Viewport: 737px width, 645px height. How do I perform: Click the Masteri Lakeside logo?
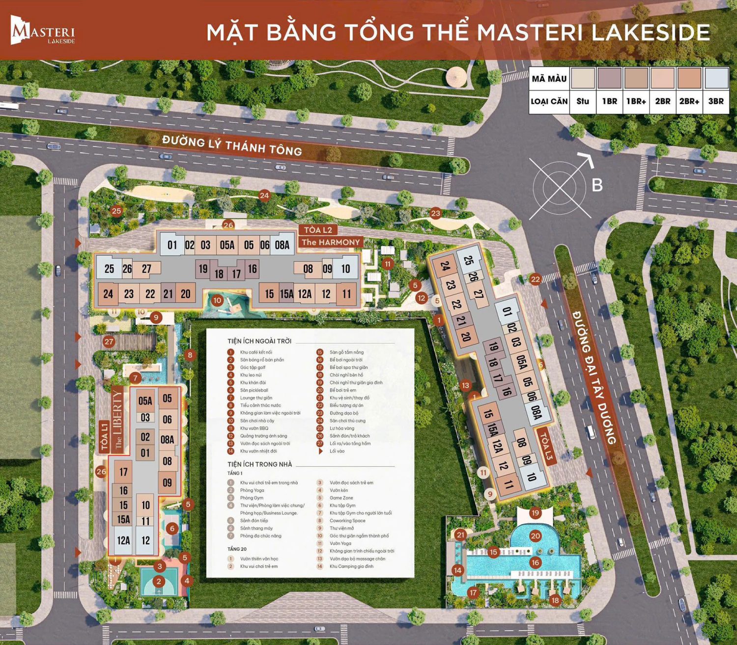[43, 30]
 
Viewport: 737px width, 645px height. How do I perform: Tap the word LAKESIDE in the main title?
[651, 32]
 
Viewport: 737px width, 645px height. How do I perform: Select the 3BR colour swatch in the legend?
[716, 78]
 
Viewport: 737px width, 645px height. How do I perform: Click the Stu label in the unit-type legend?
[583, 101]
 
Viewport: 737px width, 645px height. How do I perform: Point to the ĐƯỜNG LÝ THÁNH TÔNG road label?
[232, 146]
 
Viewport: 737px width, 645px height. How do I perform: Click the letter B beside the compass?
[597, 185]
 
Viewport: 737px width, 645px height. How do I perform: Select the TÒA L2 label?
[318, 230]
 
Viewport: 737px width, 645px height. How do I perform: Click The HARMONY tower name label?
[331, 242]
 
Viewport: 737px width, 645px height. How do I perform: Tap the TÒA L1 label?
[104, 436]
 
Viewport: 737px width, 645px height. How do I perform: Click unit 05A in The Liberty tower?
[145, 401]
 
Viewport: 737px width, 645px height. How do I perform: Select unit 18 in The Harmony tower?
[219, 274]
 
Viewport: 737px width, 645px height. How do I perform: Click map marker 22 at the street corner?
[535, 279]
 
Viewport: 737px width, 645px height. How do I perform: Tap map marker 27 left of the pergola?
[109, 341]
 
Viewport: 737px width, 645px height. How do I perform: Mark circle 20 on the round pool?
[535, 536]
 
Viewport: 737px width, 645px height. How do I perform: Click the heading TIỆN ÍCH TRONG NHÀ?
[259, 464]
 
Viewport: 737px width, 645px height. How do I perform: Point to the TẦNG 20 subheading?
[237, 549]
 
